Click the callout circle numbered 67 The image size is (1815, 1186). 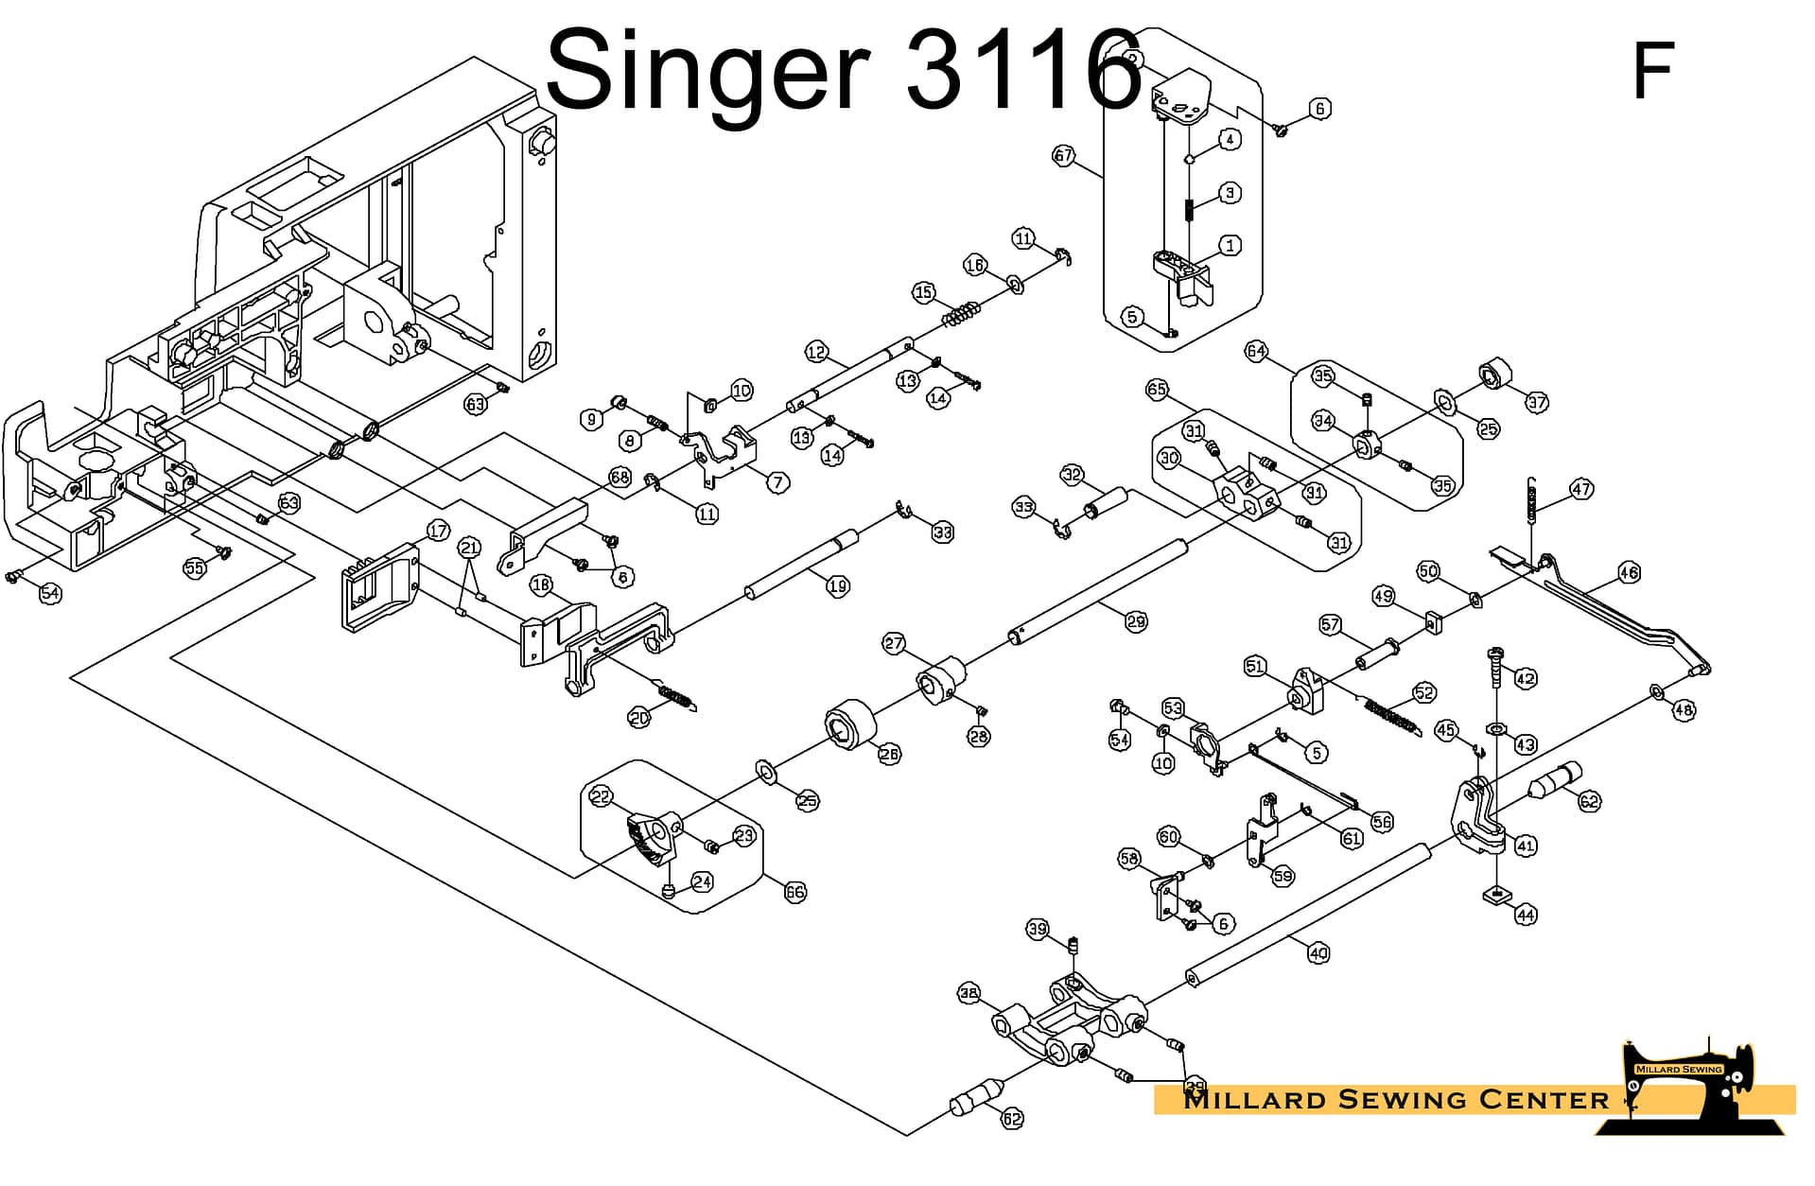(x=1064, y=155)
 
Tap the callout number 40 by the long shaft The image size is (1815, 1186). (x=1318, y=953)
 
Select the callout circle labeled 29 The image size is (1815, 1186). (x=1136, y=621)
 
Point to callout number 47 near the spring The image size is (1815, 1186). (x=1581, y=489)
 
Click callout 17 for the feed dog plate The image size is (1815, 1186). (x=438, y=531)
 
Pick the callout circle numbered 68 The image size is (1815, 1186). (x=620, y=477)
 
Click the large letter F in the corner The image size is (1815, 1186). (x=1652, y=70)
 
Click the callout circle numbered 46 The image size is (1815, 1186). (x=1629, y=572)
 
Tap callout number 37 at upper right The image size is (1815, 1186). (x=1537, y=402)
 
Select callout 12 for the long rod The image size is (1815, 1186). (x=816, y=352)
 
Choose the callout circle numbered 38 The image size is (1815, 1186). (x=969, y=993)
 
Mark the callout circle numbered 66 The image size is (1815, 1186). (x=794, y=892)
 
